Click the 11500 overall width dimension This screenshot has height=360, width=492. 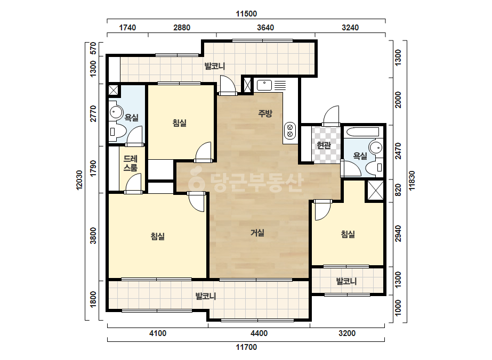tap(246, 14)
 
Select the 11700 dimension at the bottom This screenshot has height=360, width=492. tap(246, 347)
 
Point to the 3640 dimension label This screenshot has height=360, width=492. tap(265, 28)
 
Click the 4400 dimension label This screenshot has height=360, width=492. tap(259, 333)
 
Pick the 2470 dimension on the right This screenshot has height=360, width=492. tap(398, 151)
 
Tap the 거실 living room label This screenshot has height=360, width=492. tap(257, 233)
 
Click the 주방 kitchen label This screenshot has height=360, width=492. tap(265, 113)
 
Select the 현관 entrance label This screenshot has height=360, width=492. tap(324, 145)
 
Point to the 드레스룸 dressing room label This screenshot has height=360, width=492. tap(130, 163)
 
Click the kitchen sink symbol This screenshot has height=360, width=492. tap(264, 85)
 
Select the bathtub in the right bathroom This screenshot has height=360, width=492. tap(362, 132)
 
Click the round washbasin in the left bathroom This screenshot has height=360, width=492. tap(116, 112)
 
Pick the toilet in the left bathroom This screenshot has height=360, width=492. tap(117, 132)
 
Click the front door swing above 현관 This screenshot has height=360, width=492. tap(332, 115)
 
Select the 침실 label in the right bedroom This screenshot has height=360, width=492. tap(348, 234)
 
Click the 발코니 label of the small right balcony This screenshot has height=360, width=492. tap(346, 281)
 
